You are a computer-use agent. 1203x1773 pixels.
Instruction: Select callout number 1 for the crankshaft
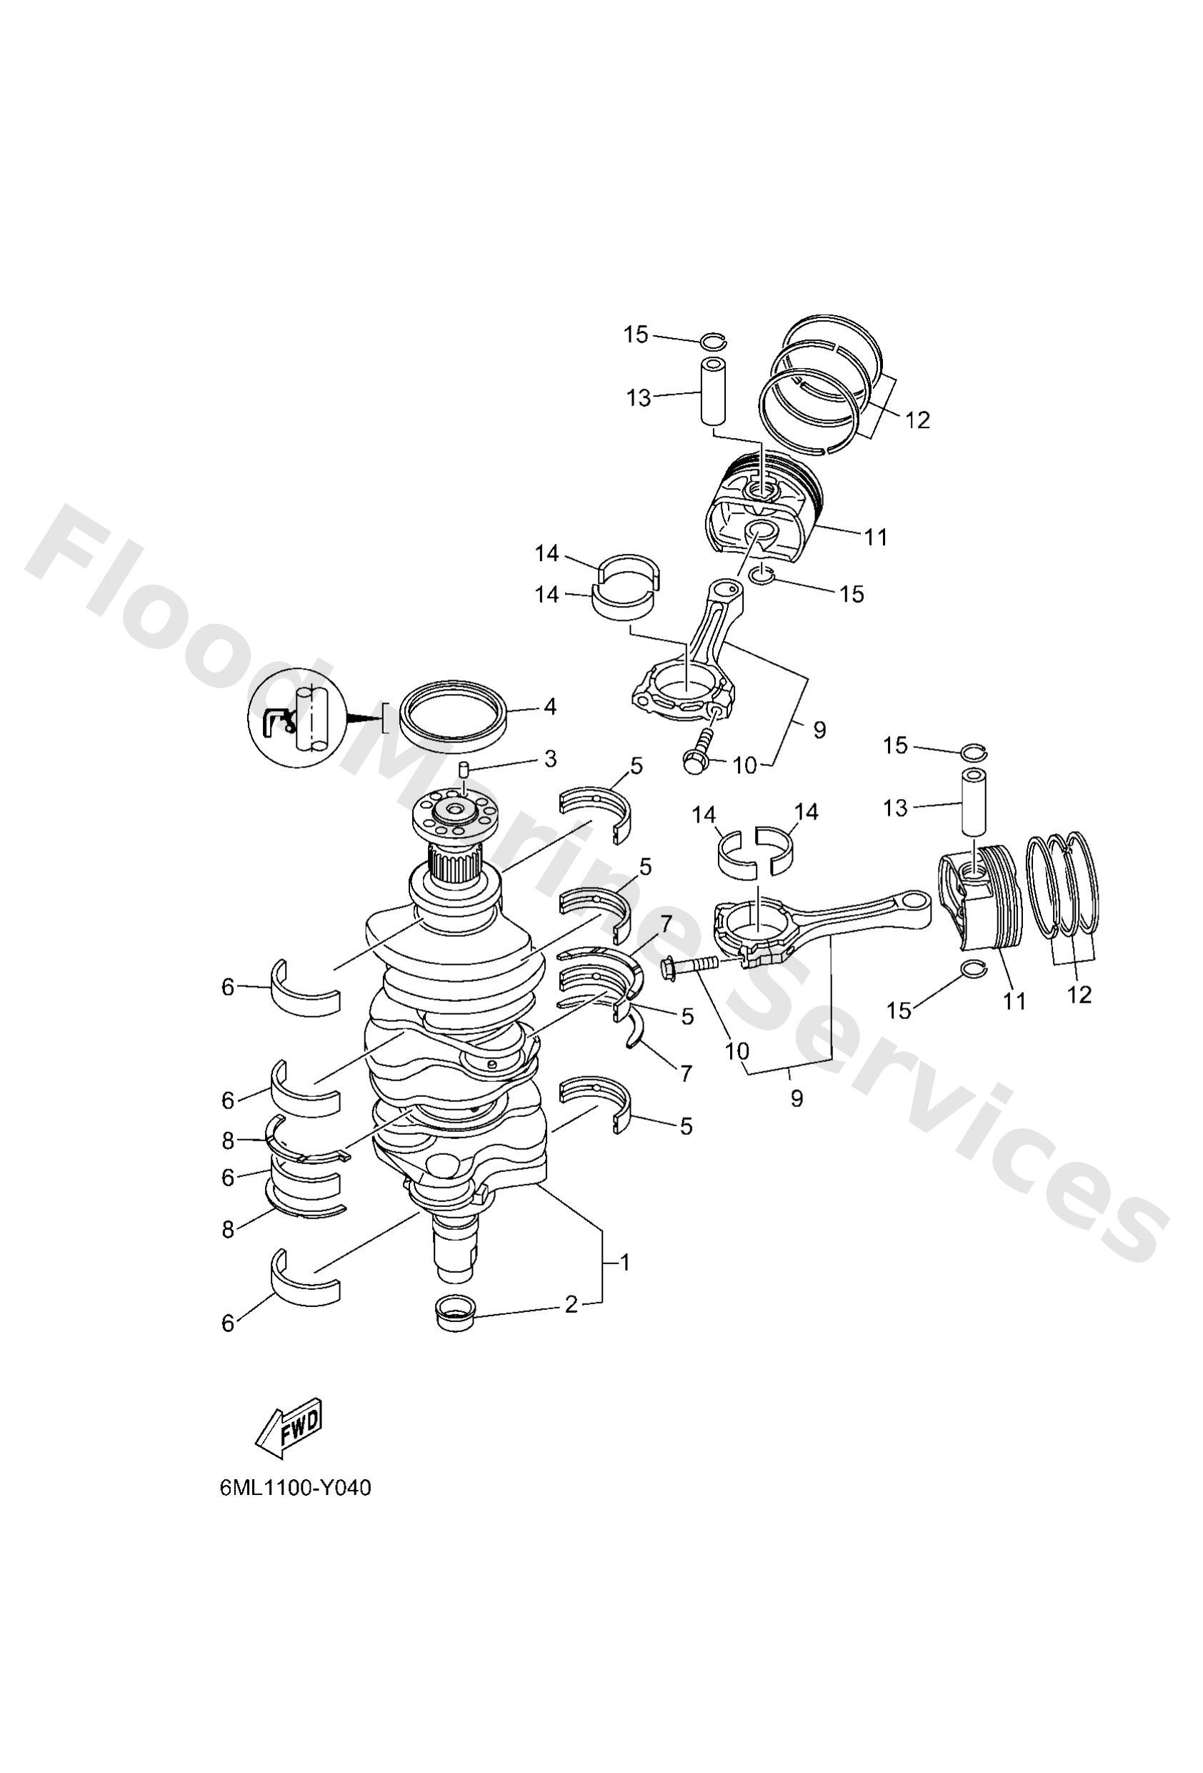coord(625,1263)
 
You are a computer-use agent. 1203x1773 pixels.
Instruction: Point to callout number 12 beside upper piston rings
coord(918,419)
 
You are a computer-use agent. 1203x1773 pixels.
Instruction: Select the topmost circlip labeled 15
coord(713,340)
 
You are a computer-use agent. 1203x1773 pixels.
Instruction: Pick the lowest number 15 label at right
coord(899,1011)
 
